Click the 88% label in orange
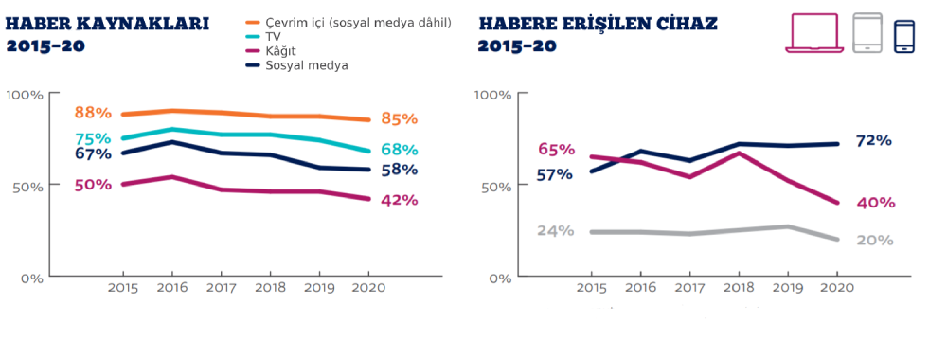pyautogui.click(x=93, y=113)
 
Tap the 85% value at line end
pyautogui.click(x=400, y=119)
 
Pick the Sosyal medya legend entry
pyautogui.click(x=296, y=65)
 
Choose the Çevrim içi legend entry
pyautogui.click(x=348, y=23)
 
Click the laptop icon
pyautogui.click(x=814, y=33)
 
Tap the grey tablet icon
pyautogui.click(x=867, y=32)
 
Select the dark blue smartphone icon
pyautogui.click(x=904, y=37)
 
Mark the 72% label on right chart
pyautogui.click(x=873, y=141)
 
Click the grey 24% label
pyautogui.click(x=555, y=231)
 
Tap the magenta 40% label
pyautogui.click(x=875, y=203)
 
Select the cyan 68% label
pyautogui.click(x=400, y=149)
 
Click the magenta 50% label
pyautogui.click(x=93, y=185)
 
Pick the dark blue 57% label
pyautogui.click(x=555, y=174)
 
